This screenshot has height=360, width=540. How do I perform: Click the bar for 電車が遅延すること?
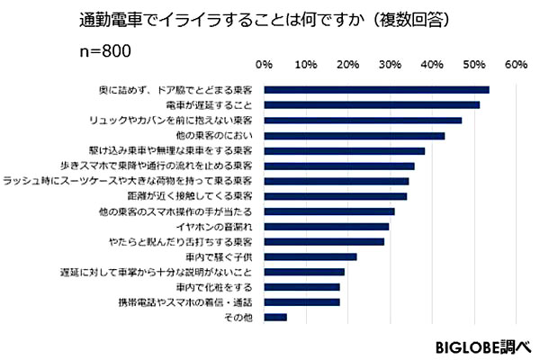coord(372,104)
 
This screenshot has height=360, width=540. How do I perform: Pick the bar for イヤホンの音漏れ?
coord(327,226)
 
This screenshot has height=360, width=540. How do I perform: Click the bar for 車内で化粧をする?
coord(302,286)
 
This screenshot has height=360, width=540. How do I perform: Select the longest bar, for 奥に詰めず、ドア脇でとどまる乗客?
coord(377,89)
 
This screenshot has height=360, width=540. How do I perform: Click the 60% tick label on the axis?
coord(516,65)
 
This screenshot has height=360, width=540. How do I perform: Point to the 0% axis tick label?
coord(265,65)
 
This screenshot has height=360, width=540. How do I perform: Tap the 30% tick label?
coord(390,65)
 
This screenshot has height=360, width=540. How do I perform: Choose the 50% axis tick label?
coord(473,65)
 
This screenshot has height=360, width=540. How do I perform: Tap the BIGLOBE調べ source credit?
coord(484,346)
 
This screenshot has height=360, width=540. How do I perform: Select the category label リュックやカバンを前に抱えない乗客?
coord(177,120)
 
